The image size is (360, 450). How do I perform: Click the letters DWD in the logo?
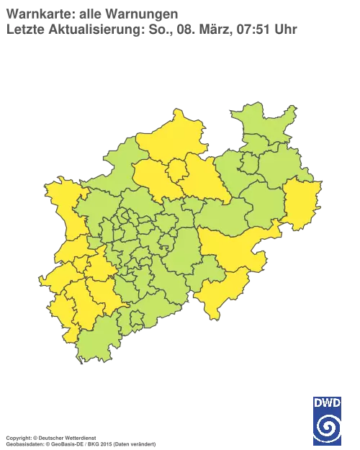pos(327,402)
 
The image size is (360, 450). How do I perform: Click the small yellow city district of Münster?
pos(176,171)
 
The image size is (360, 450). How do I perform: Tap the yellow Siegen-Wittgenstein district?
pos(216,292)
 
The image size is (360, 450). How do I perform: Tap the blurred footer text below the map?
pos(79,438)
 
